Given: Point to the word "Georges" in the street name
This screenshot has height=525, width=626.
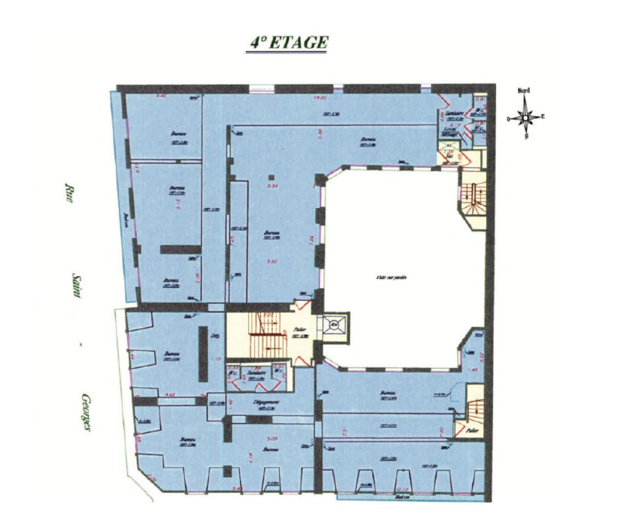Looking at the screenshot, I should coord(87,413).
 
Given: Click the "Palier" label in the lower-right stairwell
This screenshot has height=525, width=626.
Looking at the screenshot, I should coord(472,431).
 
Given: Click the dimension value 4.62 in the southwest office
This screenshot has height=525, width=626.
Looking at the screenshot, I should coord(170,394).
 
